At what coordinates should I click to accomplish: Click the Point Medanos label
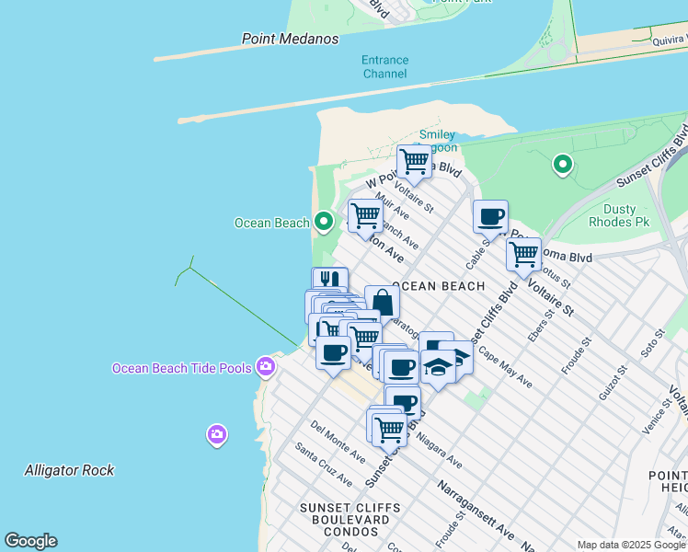click(290, 39)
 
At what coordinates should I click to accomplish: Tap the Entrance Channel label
click(384, 66)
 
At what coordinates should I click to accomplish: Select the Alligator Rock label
click(69, 470)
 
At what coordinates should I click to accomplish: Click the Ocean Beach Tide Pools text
click(181, 368)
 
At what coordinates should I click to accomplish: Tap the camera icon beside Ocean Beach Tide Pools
click(266, 367)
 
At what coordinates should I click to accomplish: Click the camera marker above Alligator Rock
click(216, 433)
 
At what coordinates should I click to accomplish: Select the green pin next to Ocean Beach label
click(323, 222)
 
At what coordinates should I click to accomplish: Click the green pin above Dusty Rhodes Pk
click(562, 166)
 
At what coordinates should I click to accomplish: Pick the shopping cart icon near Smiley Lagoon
click(414, 161)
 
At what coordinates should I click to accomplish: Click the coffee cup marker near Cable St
click(490, 217)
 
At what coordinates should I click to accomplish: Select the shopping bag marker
click(382, 303)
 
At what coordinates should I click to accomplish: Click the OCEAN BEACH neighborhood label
click(438, 286)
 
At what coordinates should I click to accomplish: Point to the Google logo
click(30, 541)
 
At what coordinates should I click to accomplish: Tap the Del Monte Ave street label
click(338, 442)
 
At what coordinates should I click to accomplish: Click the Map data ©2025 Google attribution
click(632, 545)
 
